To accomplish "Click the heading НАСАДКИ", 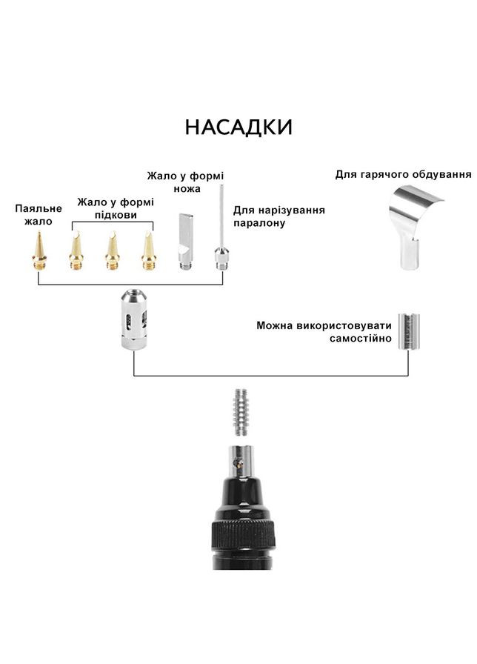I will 238,127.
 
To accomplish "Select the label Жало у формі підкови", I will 116,207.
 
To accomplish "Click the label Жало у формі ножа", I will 185,182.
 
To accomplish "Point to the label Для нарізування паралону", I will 278,216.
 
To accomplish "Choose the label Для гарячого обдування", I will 403,174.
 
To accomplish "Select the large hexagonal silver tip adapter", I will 133,319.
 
